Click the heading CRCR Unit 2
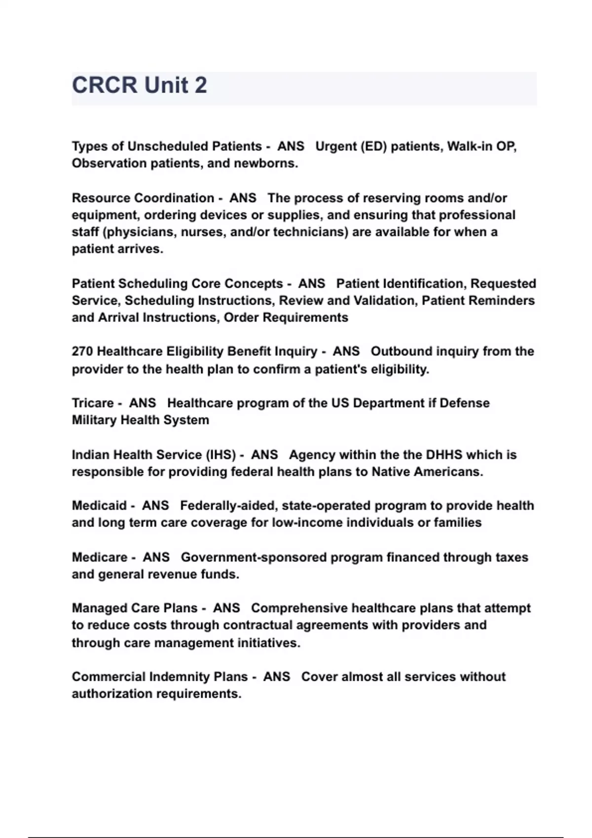click(140, 85)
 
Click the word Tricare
click(93, 403)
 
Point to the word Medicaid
click(99, 506)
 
